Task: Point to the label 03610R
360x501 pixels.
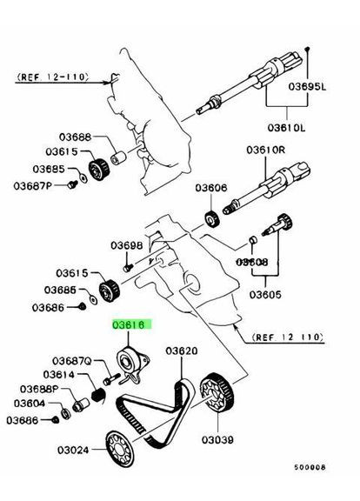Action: pyautogui.click(x=273, y=150)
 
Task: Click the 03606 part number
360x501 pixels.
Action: pyautogui.click(x=211, y=188)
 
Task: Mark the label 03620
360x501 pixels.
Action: pyautogui.click(x=183, y=351)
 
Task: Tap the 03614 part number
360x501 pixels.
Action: pyautogui.click(x=71, y=375)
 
